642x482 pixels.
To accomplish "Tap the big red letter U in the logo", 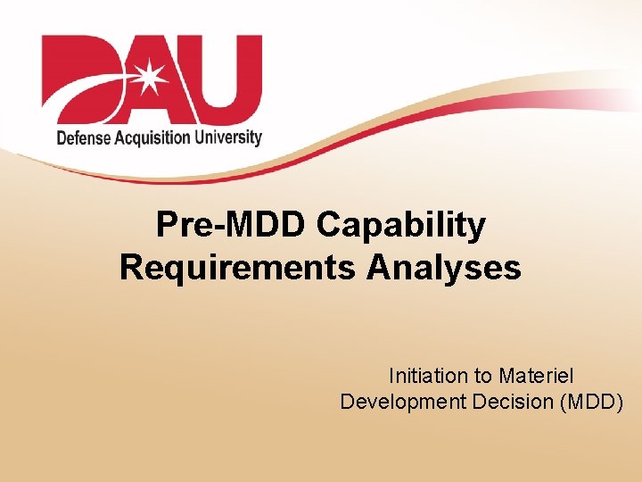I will click(x=223, y=76).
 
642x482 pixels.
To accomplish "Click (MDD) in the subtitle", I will click(x=592, y=402).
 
